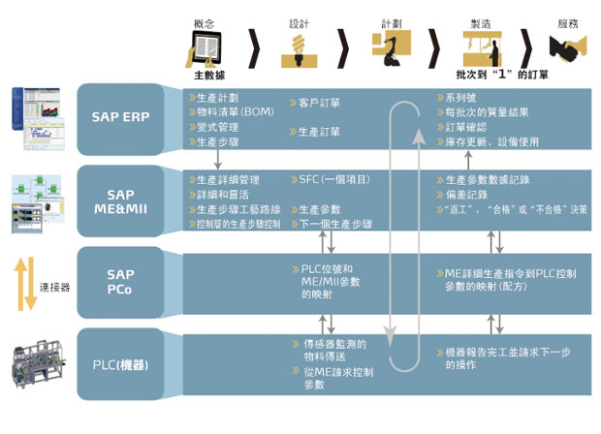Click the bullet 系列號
[x=462, y=98]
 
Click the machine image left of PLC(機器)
[x=38, y=365]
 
